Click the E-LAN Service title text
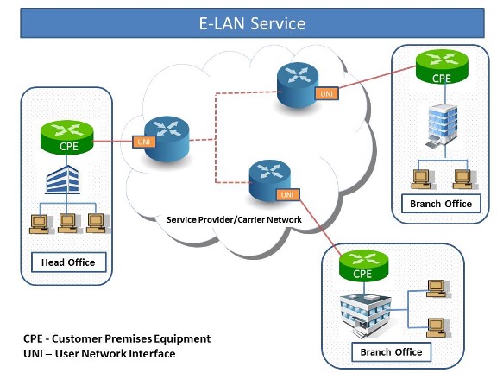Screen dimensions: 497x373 coord(252,23)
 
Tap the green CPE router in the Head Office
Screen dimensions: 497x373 coord(67,137)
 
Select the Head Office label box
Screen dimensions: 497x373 coord(68,262)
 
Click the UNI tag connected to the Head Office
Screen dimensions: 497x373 coord(144,142)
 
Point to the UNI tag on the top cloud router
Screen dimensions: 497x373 coord(326,93)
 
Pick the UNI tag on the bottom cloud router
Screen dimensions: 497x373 coord(287,195)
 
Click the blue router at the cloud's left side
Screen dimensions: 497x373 coord(167,139)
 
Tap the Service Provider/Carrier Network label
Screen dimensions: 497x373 coord(234,219)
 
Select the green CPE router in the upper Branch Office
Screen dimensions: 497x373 coord(442,66)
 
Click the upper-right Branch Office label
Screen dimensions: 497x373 coord(441,204)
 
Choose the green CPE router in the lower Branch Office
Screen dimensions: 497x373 coord(363,266)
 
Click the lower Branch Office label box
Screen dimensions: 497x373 coord(391,352)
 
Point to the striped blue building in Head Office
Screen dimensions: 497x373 coord(62,180)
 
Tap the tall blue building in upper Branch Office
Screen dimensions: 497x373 coord(443,126)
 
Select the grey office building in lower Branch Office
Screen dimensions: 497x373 coord(366,315)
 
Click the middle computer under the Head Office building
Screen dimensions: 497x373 coord(68,224)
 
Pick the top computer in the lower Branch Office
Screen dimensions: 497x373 coord(437,288)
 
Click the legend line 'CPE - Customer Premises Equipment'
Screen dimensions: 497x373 coord(117,338)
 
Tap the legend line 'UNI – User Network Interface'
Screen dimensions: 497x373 coord(99,354)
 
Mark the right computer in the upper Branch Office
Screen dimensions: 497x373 coord(464,180)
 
